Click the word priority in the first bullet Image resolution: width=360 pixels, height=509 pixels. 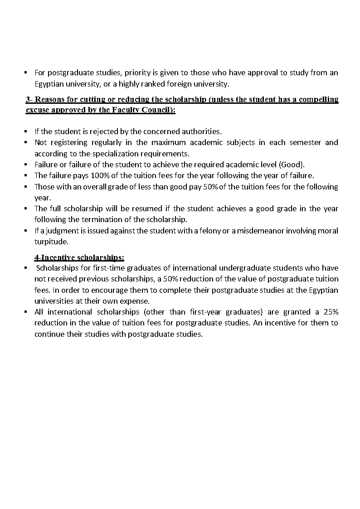[x=137, y=73]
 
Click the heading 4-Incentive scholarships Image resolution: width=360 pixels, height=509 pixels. [x=79, y=257]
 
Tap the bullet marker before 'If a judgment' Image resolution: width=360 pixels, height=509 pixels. [x=26, y=231]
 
